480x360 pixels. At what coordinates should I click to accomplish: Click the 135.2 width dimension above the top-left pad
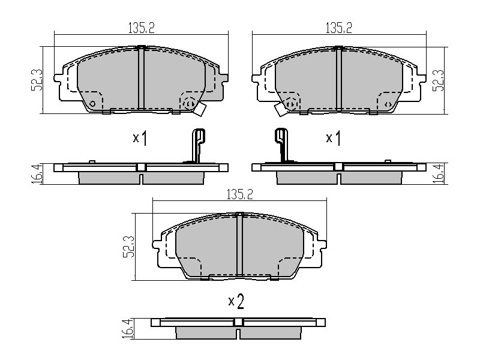[141, 28]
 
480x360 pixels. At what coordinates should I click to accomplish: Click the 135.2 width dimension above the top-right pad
[338, 28]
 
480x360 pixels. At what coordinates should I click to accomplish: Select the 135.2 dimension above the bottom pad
[239, 194]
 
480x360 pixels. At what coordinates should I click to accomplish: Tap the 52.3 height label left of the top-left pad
[37, 80]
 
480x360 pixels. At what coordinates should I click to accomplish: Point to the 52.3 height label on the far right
[438, 80]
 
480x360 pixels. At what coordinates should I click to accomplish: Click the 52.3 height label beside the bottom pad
[128, 247]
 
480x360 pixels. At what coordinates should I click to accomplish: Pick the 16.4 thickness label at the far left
[36, 174]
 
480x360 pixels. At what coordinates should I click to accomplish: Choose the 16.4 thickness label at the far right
[439, 174]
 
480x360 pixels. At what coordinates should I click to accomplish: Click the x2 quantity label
[236, 302]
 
